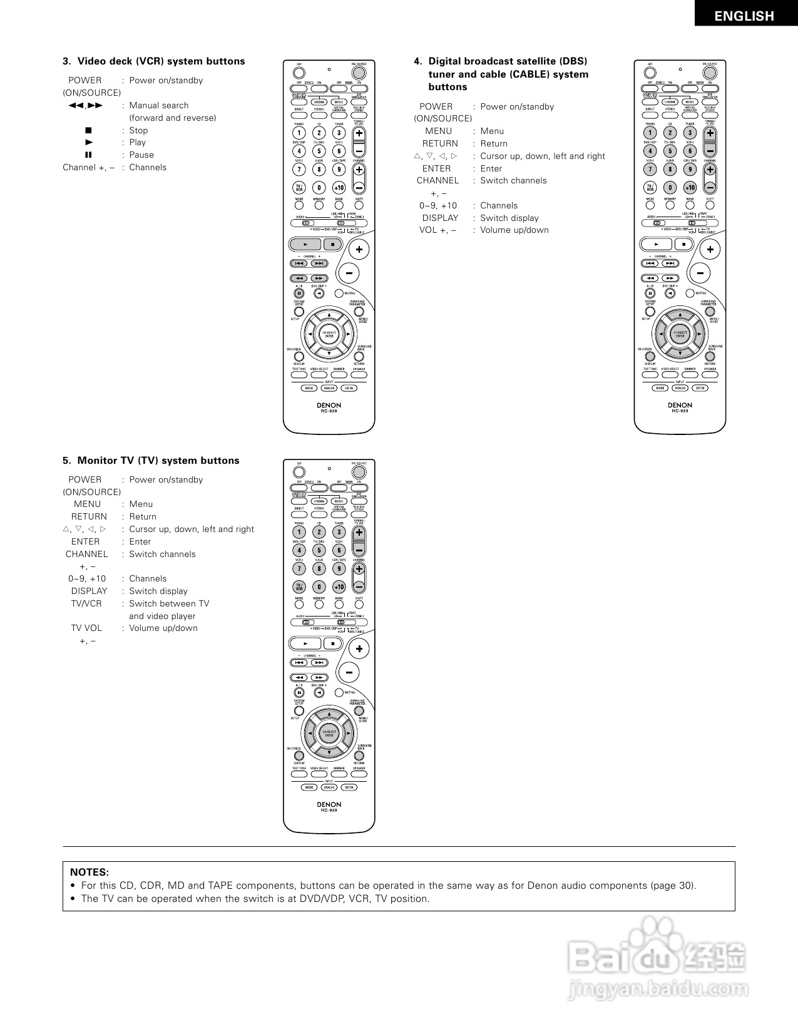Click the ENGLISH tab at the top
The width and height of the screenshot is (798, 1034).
click(744, 16)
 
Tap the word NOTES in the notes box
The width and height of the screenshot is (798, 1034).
click(90, 872)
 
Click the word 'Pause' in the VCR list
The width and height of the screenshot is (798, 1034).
click(141, 155)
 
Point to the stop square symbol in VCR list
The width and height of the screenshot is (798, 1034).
click(88, 130)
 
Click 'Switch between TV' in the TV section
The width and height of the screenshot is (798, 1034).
click(169, 603)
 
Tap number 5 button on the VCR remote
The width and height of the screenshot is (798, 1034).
click(319, 151)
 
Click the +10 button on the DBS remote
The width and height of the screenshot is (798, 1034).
click(690, 188)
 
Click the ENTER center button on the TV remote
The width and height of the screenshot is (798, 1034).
click(329, 734)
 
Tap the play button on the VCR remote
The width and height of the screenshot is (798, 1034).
click(305, 244)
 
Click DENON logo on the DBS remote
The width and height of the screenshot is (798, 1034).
click(680, 405)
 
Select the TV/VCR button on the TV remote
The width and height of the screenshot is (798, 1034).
click(299, 587)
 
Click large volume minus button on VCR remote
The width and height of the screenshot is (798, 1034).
click(349, 272)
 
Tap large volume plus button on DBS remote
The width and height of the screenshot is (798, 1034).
click(710, 250)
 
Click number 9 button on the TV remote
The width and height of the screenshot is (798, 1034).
click(339, 569)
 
